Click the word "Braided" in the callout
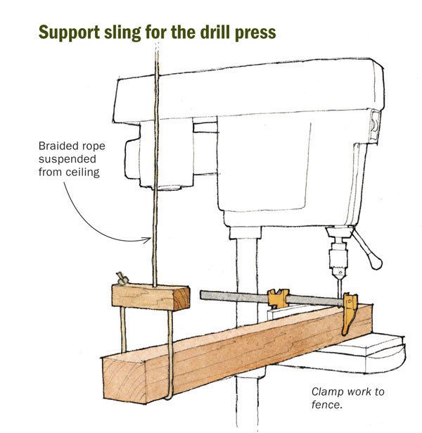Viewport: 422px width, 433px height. pyautogui.click(x=57, y=147)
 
